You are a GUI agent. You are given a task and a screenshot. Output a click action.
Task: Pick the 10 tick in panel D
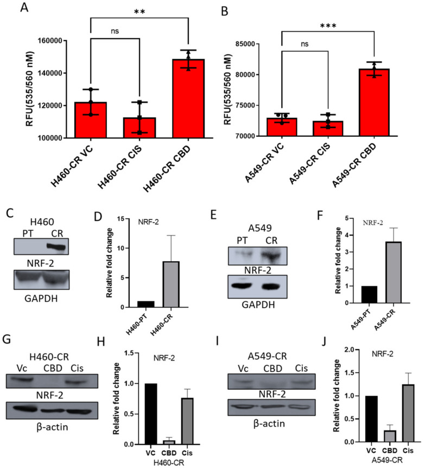point(131,248)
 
